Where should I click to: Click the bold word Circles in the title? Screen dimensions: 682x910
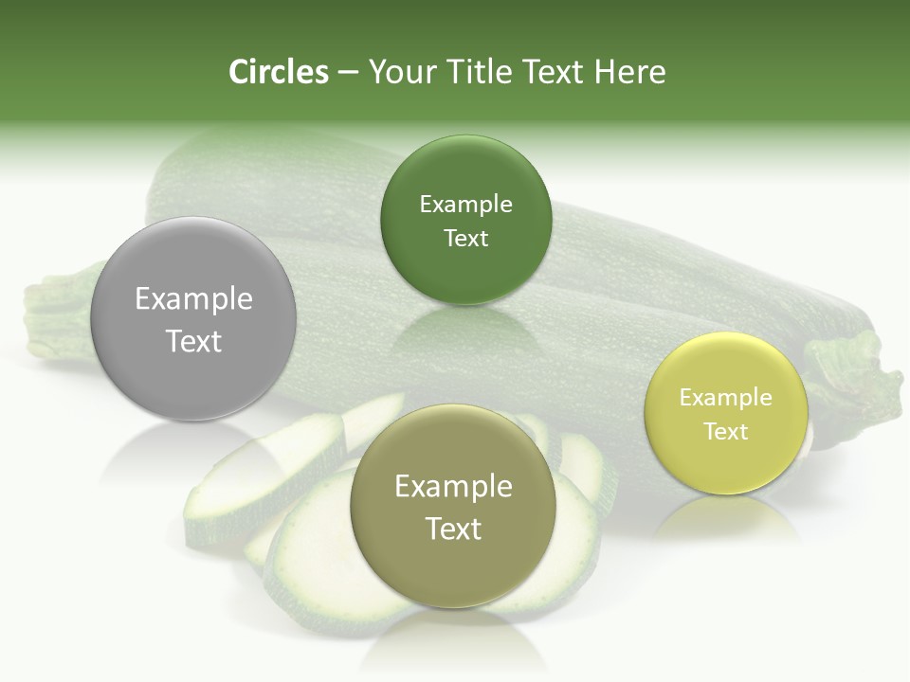(279, 72)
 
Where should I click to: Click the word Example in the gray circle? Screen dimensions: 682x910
(193, 299)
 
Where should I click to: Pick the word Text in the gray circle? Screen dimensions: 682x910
(193, 341)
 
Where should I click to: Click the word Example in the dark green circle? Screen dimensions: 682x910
(465, 205)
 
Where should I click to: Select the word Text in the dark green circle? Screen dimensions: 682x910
(465, 239)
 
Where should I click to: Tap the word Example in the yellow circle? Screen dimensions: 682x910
(726, 398)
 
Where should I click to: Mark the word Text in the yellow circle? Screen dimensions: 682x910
(726, 432)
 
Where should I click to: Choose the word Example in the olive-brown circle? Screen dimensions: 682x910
(453, 487)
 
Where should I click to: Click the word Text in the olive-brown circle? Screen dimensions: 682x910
(453, 529)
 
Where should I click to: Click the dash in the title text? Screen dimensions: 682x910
(347, 72)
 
